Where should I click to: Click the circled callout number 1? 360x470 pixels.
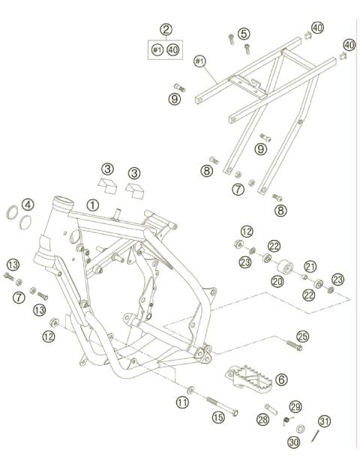(x=92, y=204)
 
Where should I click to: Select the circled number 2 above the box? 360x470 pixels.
(x=166, y=30)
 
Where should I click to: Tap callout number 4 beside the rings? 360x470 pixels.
(x=27, y=204)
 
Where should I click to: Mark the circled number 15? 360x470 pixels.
(x=218, y=418)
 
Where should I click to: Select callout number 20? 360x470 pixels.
(x=277, y=281)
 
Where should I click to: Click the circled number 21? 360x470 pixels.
(x=309, y=265)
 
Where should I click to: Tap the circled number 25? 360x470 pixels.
(x=302, y=336)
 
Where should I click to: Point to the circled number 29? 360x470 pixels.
(x=295, y=406)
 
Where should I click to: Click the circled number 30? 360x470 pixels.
(x=292, y=443)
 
